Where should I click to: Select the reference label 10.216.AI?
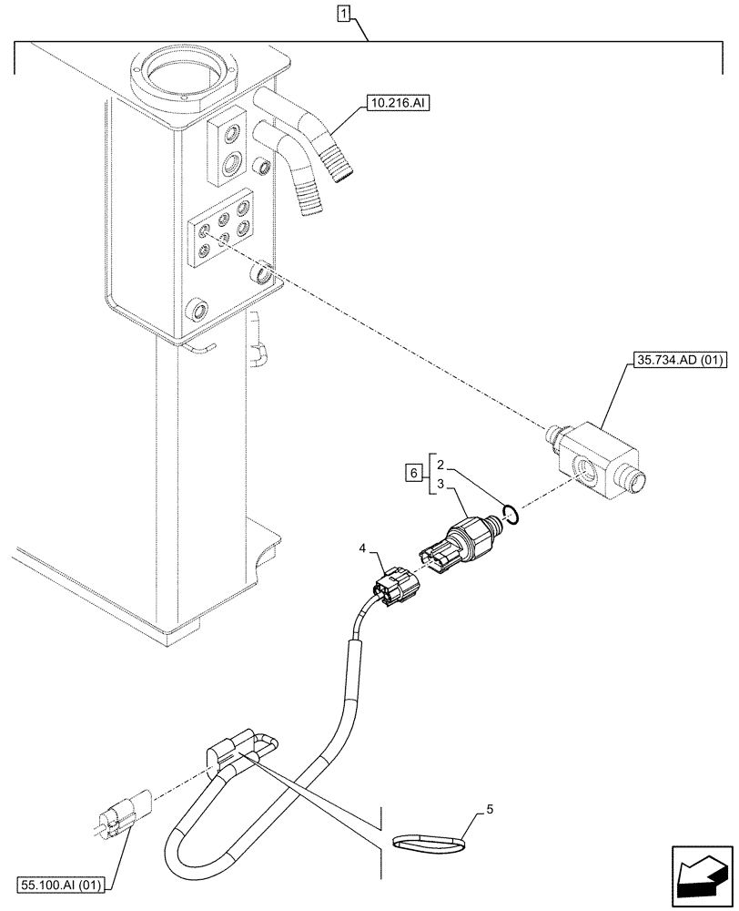(x=397, y=105)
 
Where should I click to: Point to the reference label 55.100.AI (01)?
(x=62, y=884)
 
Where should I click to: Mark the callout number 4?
(x=363, y=549)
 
